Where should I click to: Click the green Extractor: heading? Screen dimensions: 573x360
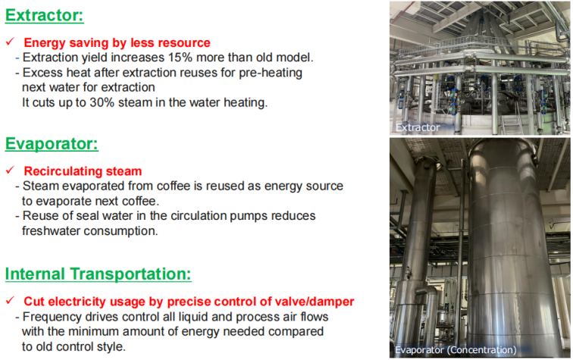pos(44,15)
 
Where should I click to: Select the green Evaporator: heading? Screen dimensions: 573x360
pos(52,144)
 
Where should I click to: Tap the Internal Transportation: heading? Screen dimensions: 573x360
pos(98,274)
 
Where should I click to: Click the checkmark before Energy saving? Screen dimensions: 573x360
pos(11,42)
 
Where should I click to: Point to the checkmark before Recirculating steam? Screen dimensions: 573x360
pos(11,170)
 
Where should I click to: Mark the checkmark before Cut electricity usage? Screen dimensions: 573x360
pos(11,300)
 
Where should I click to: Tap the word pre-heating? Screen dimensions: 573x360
pos(271,73)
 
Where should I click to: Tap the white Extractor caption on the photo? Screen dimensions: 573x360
pos(418,127)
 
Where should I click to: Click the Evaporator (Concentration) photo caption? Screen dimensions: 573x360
pos(456,349)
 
